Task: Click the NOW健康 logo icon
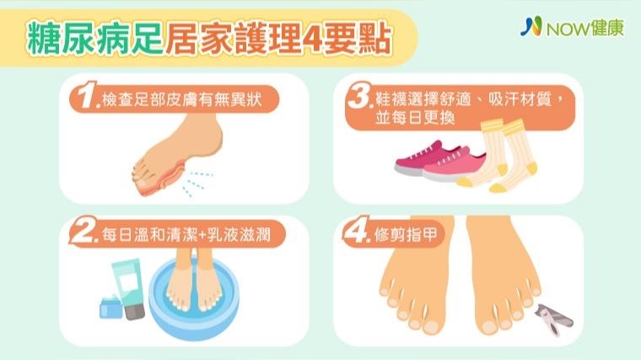tap(531, 27)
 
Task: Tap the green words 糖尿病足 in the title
tap(94, 39)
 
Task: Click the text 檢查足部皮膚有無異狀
tap(182, 99)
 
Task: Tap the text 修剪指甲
tap(406, 234)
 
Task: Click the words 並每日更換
tap(415, 118)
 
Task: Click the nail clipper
tap(554, 319)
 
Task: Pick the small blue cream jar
tap(111, 307)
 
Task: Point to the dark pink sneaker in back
tap(421, 159)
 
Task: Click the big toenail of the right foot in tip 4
tap(489, 327)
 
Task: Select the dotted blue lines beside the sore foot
tap(197, 183)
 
